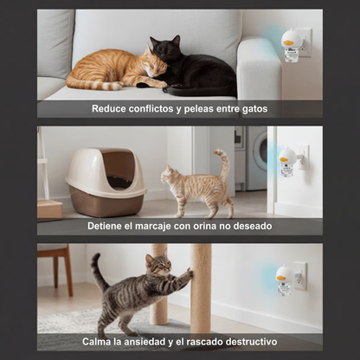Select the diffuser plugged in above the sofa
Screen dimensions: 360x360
pos(292,42)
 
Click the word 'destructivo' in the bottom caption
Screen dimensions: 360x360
pos(246,343)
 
